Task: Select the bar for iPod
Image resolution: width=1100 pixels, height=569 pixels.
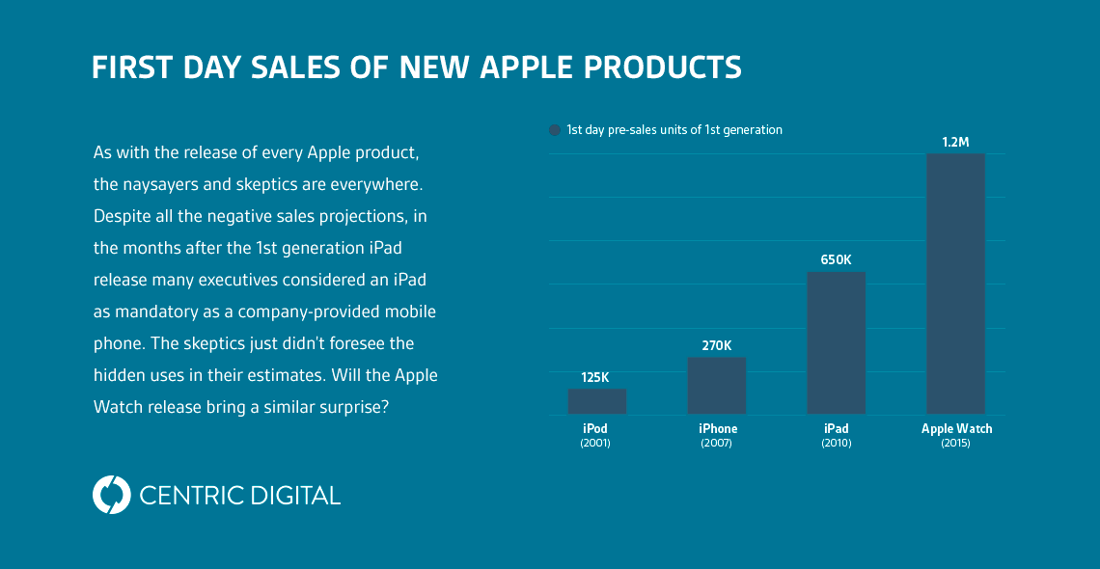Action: (x=596, y=401)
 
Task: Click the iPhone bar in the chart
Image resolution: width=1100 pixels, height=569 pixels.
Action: (x=716, y=386)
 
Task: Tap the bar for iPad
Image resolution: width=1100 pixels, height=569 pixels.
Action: (x=836, y=342)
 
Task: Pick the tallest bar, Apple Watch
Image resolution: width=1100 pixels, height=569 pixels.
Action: (x=955, y=284)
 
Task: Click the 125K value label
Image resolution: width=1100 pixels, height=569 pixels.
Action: (x=595, y=377)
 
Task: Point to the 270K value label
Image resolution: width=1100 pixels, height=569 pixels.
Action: (x=716, y=345)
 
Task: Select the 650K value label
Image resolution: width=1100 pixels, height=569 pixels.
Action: (x=836, y=259)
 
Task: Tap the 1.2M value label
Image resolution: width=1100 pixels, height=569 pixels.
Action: (x=955, y=142)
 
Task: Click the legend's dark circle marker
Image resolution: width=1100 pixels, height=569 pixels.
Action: (x=555, y=130)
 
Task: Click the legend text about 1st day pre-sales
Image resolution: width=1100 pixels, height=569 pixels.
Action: (x=674, y=129)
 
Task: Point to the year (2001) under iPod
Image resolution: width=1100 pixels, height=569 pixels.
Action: (x=595, y=444)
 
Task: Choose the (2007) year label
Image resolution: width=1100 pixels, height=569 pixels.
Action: (x=716, y=444)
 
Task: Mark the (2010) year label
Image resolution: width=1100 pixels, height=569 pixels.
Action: (x=836, y=444)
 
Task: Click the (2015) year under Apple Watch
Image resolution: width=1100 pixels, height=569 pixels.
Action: (x=955, y=444)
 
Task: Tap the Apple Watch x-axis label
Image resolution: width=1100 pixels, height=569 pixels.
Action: (x=956, y=428)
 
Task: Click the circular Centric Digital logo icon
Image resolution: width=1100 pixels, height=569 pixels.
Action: (x=111, y=495)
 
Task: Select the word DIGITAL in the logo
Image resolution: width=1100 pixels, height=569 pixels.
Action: (x=292, y=496)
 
